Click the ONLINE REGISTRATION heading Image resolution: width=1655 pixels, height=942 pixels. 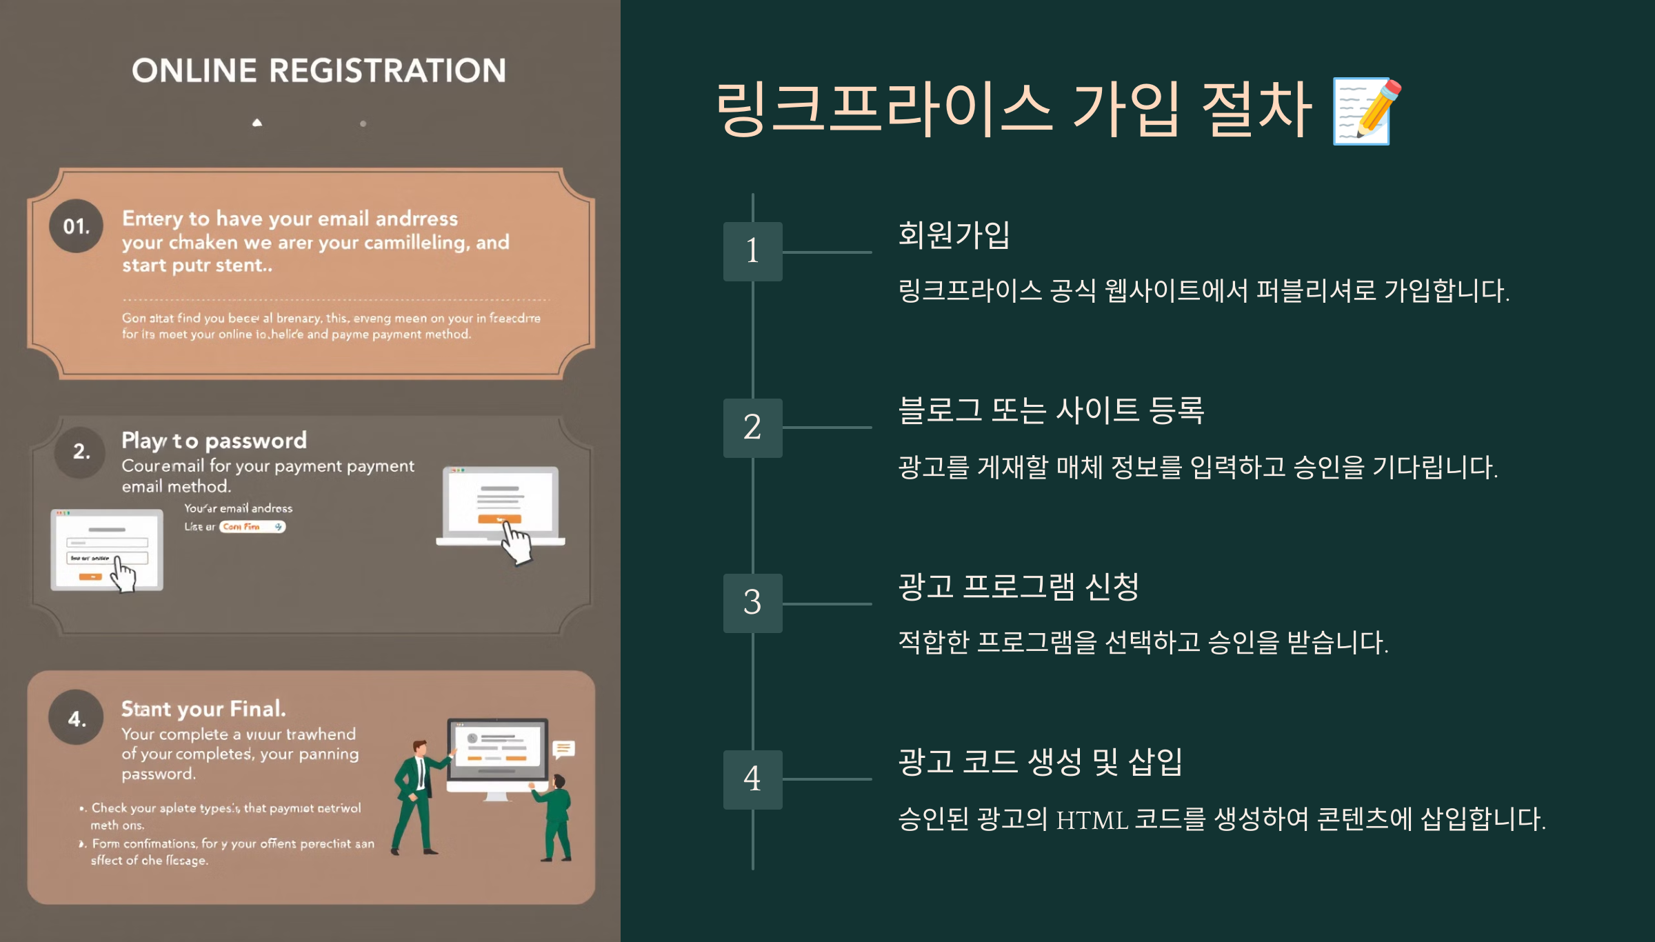click(319, 70)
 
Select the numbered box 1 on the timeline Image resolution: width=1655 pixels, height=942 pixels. click(752, 251)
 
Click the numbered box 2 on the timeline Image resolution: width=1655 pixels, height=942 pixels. click(752, 428)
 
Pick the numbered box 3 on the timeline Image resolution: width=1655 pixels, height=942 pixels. click(752, 603)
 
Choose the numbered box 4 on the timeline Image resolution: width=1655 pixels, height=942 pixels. click(752, 779)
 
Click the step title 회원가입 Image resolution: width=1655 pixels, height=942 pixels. click(954, 234)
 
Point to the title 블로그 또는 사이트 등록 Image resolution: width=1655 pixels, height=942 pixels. click(1051, 410)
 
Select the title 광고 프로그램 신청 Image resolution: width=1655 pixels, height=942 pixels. click(1018, 587)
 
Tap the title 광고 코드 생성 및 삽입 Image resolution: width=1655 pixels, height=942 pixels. click(1040, 762)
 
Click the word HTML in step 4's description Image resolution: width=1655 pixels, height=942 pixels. click(1092, 820)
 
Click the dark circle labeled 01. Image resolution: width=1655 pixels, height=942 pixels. click(76, 226)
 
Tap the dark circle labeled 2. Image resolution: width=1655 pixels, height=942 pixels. click(81, 452)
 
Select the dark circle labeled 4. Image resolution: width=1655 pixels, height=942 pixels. click(76, 719)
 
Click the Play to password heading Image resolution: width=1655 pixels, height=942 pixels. click(214, 440)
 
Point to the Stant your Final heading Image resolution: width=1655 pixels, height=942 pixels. click(203, 709)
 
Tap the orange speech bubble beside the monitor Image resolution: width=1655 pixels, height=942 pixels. click(563, 749)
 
